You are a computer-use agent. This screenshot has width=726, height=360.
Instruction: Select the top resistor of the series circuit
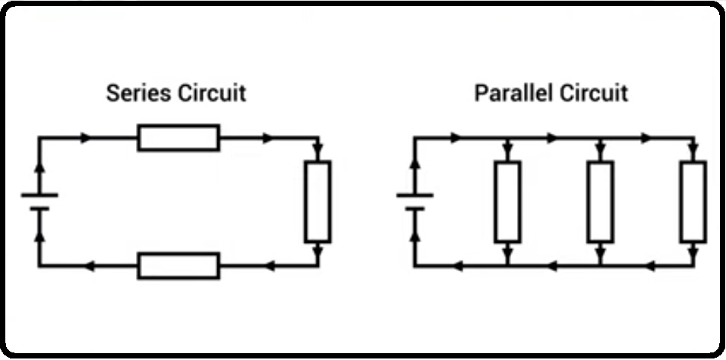coord(178,138)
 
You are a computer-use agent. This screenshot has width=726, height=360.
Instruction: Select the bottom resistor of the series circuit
coord(178,266)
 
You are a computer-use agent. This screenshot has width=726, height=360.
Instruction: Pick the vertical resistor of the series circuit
coord(317,201)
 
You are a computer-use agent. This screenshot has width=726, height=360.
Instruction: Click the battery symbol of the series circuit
coord(40,201)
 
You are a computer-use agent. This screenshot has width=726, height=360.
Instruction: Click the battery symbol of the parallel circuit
coord(415,201)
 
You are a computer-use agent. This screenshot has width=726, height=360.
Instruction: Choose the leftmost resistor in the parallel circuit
coord(507,201)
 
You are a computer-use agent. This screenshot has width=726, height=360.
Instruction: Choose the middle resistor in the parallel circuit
coord(600,201)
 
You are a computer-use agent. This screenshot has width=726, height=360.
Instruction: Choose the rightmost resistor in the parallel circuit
coord(693,201)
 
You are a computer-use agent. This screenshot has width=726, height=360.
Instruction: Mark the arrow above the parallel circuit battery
coord(415,163)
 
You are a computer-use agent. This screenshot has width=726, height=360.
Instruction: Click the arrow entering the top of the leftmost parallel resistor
coord(507,149)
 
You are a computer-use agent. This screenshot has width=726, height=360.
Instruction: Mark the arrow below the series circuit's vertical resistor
coord(317,251)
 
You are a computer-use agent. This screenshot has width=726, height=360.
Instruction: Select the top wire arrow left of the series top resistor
coord(86,138)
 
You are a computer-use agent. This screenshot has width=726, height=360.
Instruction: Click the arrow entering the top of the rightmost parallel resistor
coord(693,149)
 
